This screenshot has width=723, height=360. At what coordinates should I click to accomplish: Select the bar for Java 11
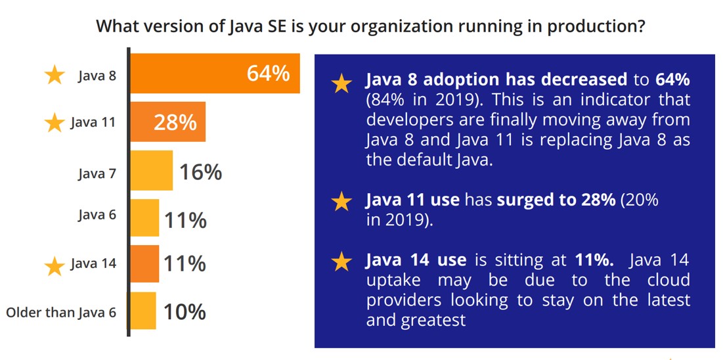[168, 122]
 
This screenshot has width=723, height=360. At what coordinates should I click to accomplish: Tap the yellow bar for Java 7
[152, 171]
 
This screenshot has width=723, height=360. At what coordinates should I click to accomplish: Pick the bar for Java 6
[144, 218]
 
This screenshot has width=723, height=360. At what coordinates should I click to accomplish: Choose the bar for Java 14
[144, 264]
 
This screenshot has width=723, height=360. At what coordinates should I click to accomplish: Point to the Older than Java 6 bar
[143, 311]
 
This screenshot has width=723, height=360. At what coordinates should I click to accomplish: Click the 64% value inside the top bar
[268, 73]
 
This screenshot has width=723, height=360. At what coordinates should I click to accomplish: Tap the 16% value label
[200, 172]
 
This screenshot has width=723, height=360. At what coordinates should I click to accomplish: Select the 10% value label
[185, 311]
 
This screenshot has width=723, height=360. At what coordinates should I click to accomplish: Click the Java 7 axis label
[97, 173]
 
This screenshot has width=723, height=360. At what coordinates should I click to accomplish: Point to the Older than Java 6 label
[61, 312]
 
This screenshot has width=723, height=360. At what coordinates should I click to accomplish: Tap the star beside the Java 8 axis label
[55, 76]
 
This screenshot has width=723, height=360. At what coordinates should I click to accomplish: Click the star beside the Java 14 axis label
[55, 265]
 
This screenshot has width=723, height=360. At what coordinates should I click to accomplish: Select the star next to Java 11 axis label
[55, 123]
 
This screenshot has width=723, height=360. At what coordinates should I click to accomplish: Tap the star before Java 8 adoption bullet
[341, 83]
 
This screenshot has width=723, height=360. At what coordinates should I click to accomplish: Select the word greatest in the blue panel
[433, 321]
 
